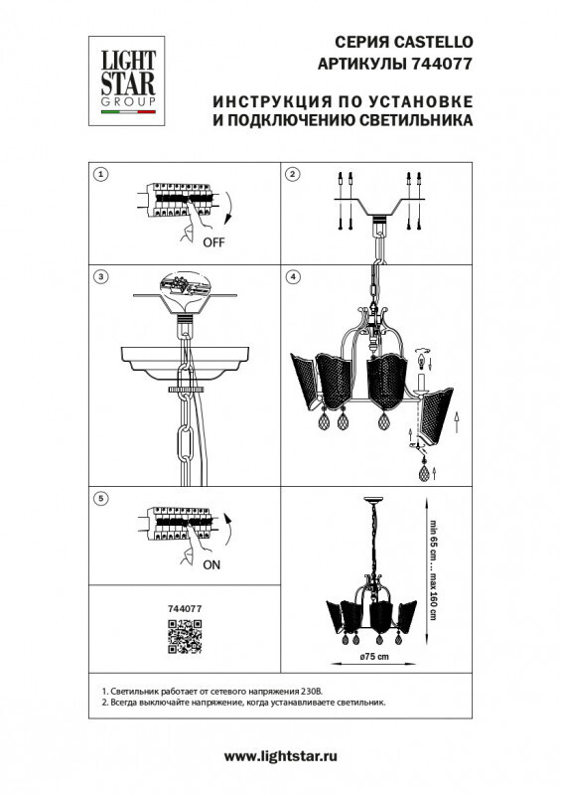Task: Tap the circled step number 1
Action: pos(100,174)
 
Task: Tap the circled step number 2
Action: pos(293,174)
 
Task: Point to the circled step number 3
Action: pos(100,274)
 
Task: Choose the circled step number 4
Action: pos(293,274)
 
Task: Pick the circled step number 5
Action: pos(100,497)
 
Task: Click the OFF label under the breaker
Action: pos(213,241)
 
